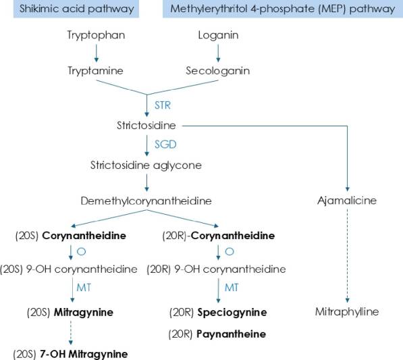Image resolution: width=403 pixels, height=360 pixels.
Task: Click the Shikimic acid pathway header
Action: (76, 9)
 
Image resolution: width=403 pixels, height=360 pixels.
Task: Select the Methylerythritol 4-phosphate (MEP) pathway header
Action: (283, 9)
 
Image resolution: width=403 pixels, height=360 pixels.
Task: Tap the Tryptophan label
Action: (96, 35)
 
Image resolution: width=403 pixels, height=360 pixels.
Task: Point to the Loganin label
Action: (218, 35)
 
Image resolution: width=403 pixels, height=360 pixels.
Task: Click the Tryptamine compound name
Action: (95, 71)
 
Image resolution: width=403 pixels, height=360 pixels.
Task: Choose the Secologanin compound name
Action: (217, 71)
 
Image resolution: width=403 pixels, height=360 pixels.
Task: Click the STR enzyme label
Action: (163, 105)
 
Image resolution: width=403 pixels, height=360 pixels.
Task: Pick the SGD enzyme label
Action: (165, 145)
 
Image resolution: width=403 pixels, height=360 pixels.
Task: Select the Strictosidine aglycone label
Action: (146, 165)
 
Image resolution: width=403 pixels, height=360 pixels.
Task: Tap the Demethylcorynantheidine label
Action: (146, 201)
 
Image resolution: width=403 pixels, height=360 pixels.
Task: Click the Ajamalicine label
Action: (347, 201)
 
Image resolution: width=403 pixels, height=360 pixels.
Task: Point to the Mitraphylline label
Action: (347, 311)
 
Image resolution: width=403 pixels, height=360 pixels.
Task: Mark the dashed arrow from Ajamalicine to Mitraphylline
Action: (347, 256)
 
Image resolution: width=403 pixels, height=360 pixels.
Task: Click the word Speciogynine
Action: (232, 313)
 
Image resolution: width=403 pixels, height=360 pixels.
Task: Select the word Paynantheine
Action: (231, 334)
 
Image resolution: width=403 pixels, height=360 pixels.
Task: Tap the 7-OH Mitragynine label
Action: (84, 354)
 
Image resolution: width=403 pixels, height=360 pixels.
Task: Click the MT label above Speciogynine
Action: (232, 288)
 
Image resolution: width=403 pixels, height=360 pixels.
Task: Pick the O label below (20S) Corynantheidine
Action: (81, 251)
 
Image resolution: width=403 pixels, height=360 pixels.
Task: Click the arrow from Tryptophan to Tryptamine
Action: (97, 53)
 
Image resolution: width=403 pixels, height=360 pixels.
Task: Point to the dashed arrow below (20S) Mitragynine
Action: (71, 333)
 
